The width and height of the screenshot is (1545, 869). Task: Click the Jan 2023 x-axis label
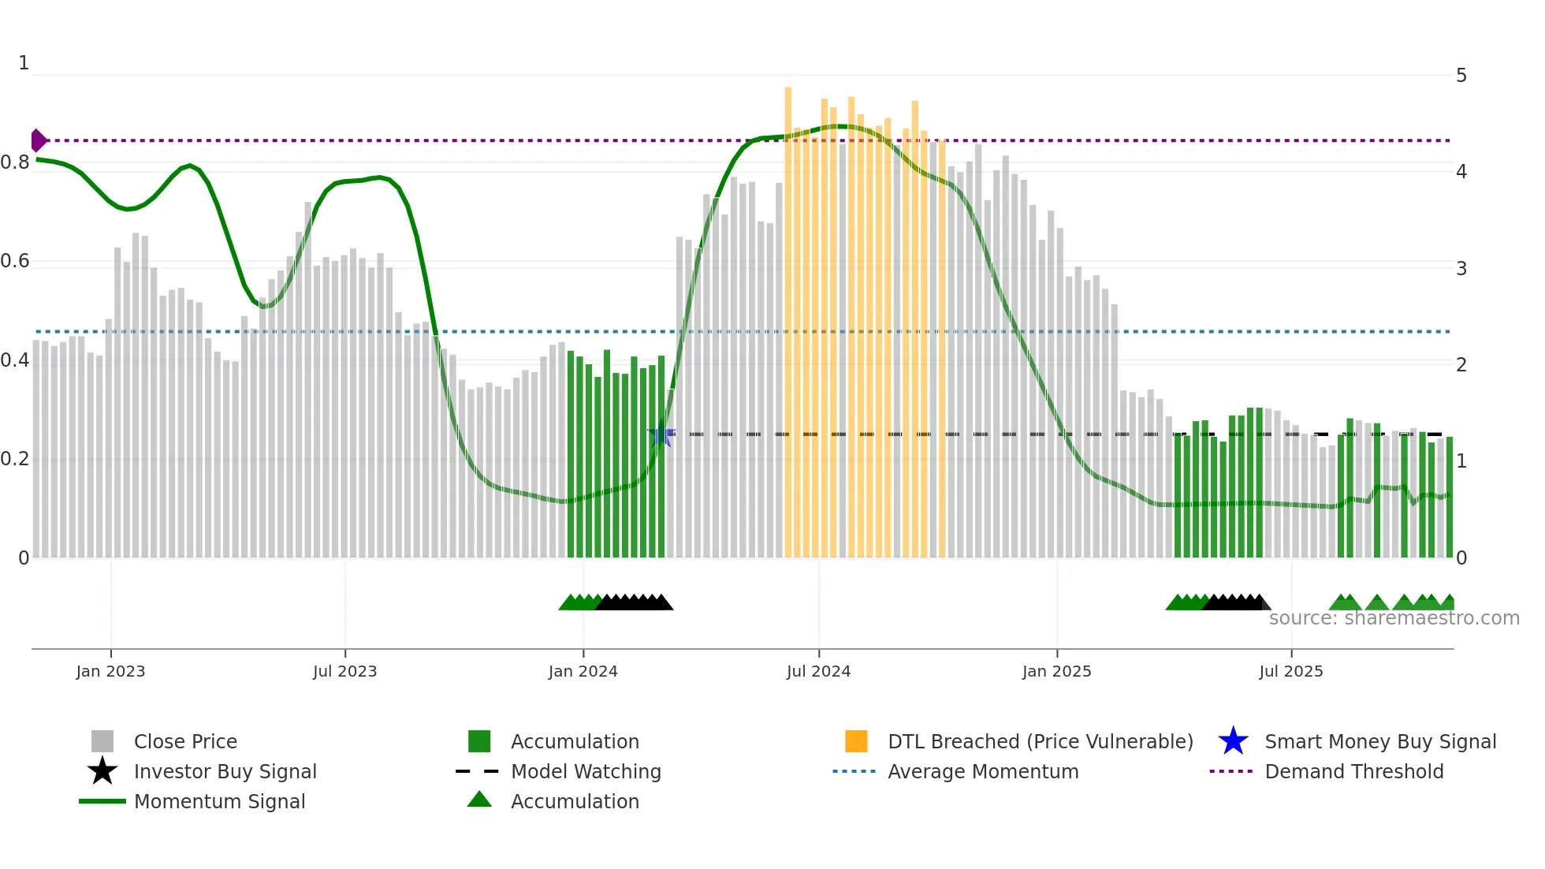[x=110, y=671]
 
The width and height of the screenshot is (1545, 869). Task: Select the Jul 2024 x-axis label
[x=818, y=671]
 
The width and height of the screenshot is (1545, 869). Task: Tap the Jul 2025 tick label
[x=1290, y=671]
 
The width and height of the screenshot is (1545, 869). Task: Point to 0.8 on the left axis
[x=15, y=162]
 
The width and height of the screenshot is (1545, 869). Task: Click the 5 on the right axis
[x=1461, y=76]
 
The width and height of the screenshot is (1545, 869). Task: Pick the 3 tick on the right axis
[x=1461, y=269]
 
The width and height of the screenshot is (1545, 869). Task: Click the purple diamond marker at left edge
[x=38, y=140]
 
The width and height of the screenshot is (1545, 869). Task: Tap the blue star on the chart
[x=661, y=434]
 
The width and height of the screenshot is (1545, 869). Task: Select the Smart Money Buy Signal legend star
[x=1233, y=741]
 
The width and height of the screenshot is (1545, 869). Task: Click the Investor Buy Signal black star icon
[x=102, y=771]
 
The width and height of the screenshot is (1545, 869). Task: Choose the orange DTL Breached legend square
[x=856, y=741]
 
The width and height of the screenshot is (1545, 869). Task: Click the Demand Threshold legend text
[x=1353, y=771]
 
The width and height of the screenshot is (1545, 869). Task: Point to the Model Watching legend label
[x=586, y=771]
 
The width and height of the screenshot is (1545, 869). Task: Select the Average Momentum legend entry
[x=982, y=771]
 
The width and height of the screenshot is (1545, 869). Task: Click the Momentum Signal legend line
[x=102, y=801]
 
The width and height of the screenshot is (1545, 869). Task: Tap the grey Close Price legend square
[x=102, y=741]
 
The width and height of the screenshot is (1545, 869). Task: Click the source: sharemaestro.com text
[x=1394, y=618]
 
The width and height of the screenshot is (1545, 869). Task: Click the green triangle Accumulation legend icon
[x=479, y=800]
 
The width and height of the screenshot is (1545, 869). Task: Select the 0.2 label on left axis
[x=15, y=459]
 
